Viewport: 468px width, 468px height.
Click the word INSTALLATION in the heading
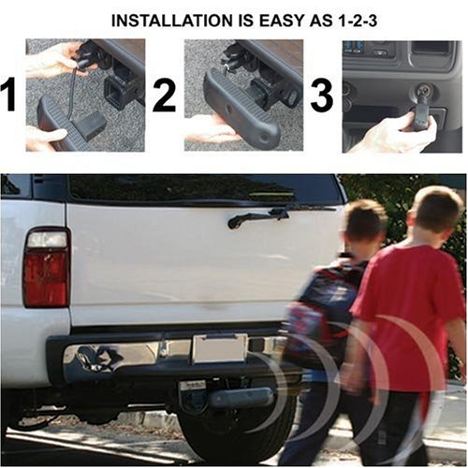click(x=172, y=21)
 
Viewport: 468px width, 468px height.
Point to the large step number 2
click(x=164, y=95)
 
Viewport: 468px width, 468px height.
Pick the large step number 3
click(x=322, y=95)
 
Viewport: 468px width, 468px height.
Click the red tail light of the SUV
click(x=46, y=279)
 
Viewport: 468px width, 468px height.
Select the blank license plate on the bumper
click(x=220, y=348)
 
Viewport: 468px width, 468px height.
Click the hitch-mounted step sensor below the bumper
click(x=241, y=397)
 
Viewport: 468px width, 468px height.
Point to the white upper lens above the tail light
click(x=47, y=240)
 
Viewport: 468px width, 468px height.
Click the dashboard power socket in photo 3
click(x=424, y=92)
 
